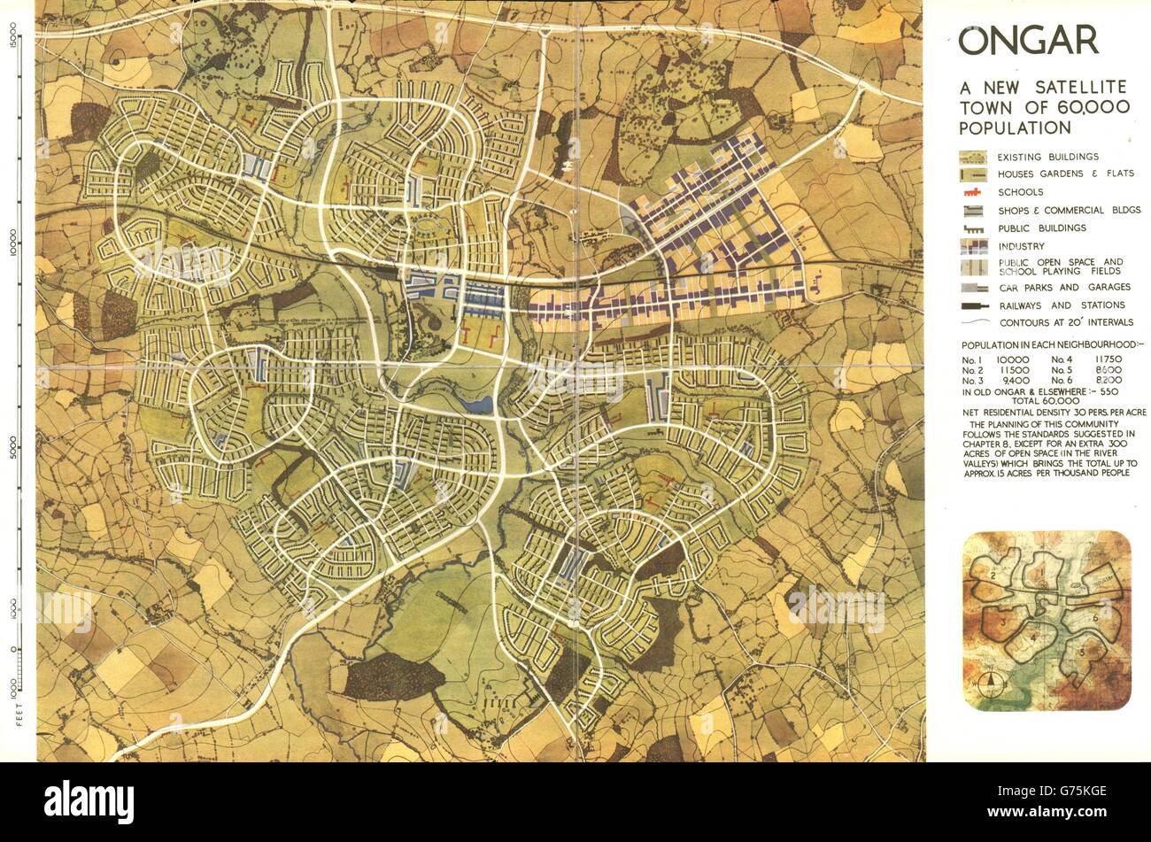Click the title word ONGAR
click(1029, 41)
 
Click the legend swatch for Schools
click(974, 192)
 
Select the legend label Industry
click(1021, 246)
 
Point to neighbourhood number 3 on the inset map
click(1001, 622)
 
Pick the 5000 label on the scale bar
click(15, 443)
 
